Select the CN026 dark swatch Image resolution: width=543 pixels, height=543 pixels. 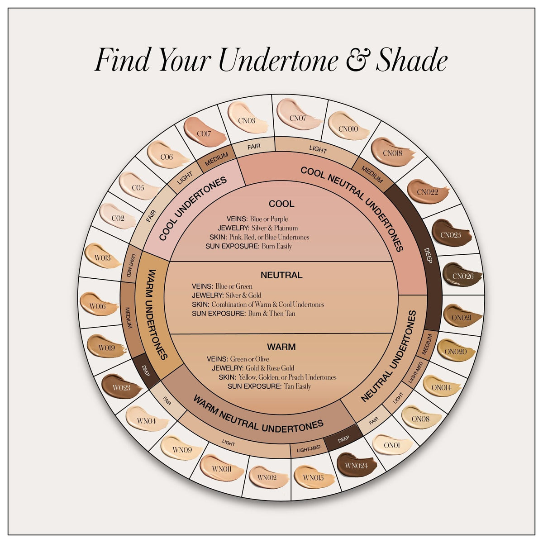462,274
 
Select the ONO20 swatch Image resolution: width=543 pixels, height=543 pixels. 456,350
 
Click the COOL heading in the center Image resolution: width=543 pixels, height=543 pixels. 281,204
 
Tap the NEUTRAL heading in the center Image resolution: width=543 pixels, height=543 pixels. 281,275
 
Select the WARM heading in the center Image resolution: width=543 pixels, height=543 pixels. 281,347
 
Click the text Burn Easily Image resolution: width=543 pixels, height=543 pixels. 276,247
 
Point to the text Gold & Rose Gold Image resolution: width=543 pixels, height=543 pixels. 270,368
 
